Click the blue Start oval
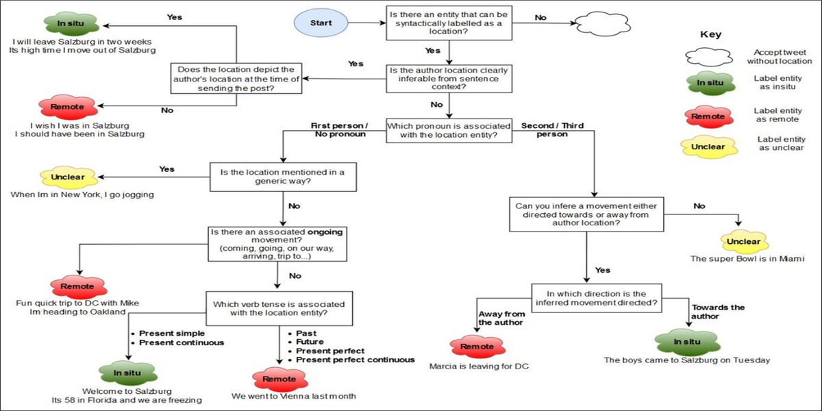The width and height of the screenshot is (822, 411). pyautogui.click(x=321, y=23)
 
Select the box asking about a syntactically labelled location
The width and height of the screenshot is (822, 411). pyautogui.click(x=448, y=23)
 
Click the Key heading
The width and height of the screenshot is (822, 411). pyautogui.click(x=710, y=34)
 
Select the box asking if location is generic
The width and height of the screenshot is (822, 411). pyautogui.click(x=282, y=177)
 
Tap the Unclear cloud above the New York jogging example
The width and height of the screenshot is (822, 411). pyautogui.click(x=68, y=177)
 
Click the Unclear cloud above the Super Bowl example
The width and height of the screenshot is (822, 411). pyautogui.click(x=744, y=241)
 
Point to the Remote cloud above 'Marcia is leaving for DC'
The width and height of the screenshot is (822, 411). pyautogui.click(x=477, y=347)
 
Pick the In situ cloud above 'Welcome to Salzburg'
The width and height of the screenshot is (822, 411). pyautogui.click(x=127, y=374)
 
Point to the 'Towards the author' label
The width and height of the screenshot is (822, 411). pyautogui.click(x=718, y=312)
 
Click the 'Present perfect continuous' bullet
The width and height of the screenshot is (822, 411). pyautogui.click(x=355, y=360)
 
